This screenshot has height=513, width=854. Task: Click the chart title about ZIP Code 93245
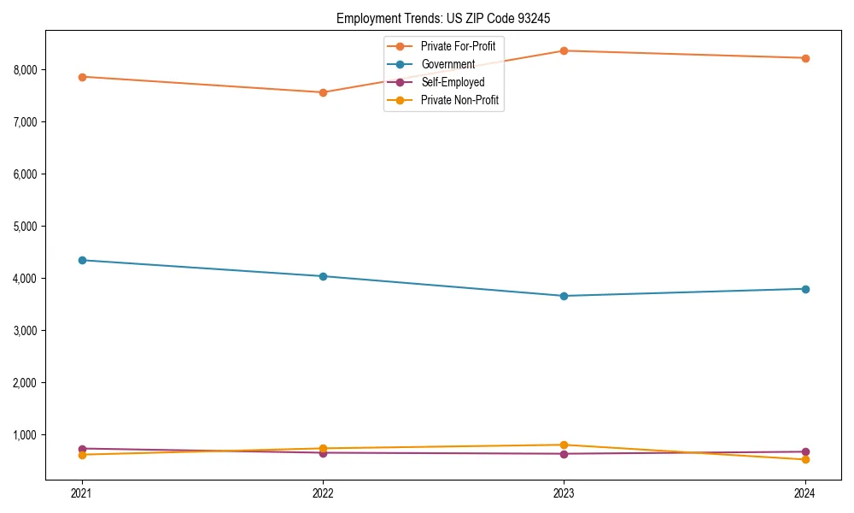click(x=449, y=18)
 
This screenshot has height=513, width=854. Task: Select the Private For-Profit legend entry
click(x=458, y=46)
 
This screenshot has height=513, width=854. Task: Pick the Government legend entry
click(x=447, y=64)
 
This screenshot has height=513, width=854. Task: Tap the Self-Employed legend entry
click(x=453, y=82)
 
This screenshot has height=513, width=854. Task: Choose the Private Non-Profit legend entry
click(x=459, y=101)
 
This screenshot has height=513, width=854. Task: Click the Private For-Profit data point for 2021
click(x=82, y=77)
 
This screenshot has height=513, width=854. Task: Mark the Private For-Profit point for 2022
click(x=323, y=92)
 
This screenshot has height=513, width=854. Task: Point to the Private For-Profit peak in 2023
click(x=564, y=50)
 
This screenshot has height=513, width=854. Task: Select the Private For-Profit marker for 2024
click(x=805, y=58)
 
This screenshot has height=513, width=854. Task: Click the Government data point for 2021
click(x=82, y=260)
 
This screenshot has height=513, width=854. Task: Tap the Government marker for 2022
click(x=323, y=276)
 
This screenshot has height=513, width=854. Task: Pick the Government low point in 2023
click(x=564, y=296)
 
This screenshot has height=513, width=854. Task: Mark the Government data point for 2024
click(x=805, y=289)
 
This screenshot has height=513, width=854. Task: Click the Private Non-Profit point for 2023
click(x=564, y=445)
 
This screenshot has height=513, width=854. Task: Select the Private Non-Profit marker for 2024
click(x=805, y=459)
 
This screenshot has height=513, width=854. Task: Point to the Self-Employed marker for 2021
click(x=82, y=449)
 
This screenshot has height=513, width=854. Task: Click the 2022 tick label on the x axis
click(x=323, y=493)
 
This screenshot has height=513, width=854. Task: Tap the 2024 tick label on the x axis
click(x=805, y=493)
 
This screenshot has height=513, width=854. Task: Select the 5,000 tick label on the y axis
click(x=28, y=227)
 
